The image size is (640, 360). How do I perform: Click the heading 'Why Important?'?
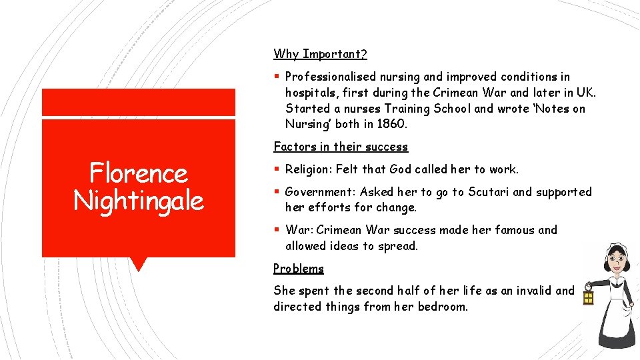pyautogui.click(x=320, y=54)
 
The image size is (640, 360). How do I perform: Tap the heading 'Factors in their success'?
pyautogui.click(x=341, y=147)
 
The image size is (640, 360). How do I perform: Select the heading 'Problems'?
pyautogui.click(x=299, y=269)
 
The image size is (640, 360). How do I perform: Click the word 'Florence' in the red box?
pyautogui.click(x=139, y=173)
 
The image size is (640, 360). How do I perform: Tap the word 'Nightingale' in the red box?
pyautogui.click(x=139, y=200)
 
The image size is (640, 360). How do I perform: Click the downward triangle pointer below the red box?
pyautogui.click(x=138, y=264)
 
